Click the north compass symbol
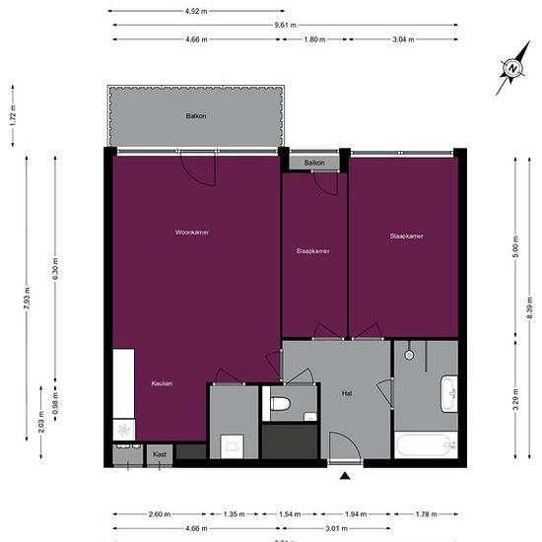[x=512, y=70]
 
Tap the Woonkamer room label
[x=192, y=232]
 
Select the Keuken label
[x=163, y=383]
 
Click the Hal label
[x=347, y=392]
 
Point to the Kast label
[x=160, y=454]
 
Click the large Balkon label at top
[x=196, y=116]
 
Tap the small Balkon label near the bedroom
[x=314, y=162]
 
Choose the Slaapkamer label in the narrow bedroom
[x=312, y=251]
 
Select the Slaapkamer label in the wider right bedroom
[x=406, y=236]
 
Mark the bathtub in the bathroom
[x=425, y=444]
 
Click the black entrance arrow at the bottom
[x=345, y=477]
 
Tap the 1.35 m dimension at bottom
[x=233, y=513]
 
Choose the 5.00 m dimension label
[x=514, y=251]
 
